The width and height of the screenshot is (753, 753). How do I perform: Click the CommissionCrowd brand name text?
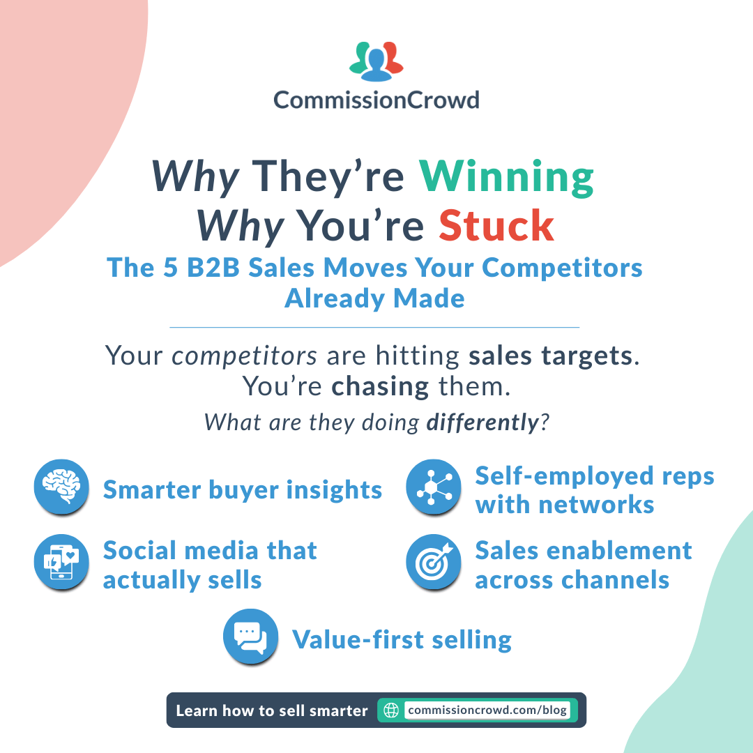[376, 100]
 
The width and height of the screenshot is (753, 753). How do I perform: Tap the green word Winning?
[506, 177]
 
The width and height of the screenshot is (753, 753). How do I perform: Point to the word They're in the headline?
[328, 177]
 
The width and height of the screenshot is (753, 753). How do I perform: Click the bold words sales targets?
[552, 356]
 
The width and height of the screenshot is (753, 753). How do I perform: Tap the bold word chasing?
[380, 386]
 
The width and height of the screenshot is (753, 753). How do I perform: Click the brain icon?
[62, 487]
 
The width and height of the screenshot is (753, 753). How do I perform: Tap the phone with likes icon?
[62, 562]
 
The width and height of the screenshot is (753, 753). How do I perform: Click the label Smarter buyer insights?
[243, 490]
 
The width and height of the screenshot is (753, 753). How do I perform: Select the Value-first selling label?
[402, 639]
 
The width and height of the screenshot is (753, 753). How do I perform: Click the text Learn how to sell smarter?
[271, 710]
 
